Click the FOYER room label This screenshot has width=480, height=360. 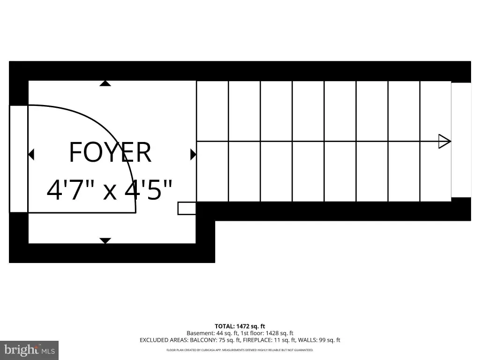[110, 152]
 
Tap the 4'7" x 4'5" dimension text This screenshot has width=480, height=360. [110, 190]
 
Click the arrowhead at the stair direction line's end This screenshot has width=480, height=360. [444, 142]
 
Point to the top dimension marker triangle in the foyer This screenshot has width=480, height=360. [105, 83]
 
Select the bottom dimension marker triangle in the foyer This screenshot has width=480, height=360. [105, 240]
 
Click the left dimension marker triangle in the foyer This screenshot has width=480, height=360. [31, 154]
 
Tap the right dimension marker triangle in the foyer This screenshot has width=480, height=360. [193, 154]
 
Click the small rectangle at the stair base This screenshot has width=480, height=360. [187, 208]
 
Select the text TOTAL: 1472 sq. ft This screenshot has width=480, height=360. [240, 326]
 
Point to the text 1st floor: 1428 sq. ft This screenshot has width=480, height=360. [264, 333]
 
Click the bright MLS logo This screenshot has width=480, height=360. [29, 350]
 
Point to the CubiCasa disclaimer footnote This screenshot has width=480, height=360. [240, 350]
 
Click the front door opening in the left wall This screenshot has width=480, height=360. [19, 159]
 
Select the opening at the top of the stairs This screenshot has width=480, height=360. [461, 140]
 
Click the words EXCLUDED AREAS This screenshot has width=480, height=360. [164, 340]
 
